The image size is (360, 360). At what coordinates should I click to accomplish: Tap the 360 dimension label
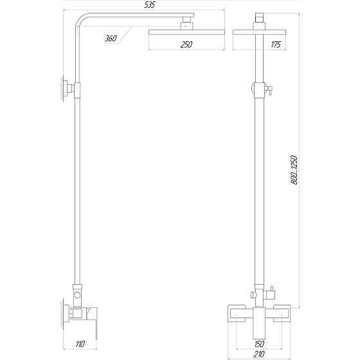[111, 39]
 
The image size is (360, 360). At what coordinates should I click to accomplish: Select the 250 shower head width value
[187, 44]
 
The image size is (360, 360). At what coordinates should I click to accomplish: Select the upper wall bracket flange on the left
[66, 89]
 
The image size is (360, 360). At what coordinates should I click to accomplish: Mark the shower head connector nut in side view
[187, 25]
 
